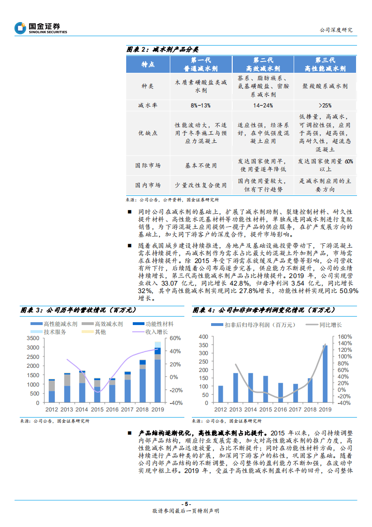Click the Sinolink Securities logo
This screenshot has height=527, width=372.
tap(41, 28)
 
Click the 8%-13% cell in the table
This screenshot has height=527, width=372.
tap(200, 106)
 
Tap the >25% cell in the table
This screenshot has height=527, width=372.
tap(325, 106)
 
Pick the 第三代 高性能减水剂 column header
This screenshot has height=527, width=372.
tap(325, 64)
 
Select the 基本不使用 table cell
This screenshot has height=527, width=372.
tap(200, 165)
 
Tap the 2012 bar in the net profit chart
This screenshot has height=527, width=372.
tap(220, 394)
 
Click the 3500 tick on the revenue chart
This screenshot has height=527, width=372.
tap(33, 338)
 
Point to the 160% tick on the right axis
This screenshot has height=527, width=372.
tap(345, 337)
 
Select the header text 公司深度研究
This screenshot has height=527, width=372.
tap(335, 30)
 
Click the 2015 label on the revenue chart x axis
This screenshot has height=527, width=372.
tap(97, 410)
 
